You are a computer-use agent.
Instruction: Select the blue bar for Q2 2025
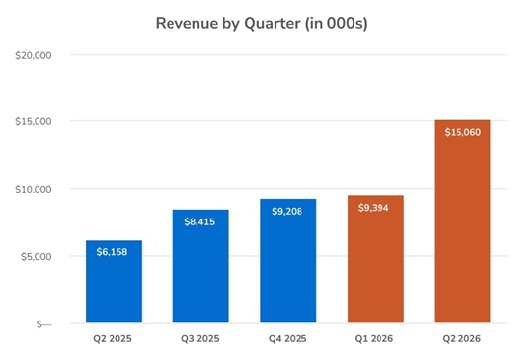[x=114, y=281]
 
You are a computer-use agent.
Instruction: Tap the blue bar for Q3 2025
[x=201, y=267]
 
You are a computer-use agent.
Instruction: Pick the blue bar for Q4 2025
[x=288, y=261]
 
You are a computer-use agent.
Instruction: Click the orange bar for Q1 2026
[x=376, y=259]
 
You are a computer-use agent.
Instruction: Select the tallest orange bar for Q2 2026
[x=463, y=221]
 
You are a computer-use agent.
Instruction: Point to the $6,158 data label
[x=112, y=252]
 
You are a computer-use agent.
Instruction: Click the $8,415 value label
[x=199, y=221]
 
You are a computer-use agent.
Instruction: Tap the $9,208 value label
[x=287, y=211]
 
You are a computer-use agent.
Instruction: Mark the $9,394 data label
[x=374, y=208]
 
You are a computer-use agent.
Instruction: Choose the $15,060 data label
[x=462, y=132]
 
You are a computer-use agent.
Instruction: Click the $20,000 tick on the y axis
[x=34, y=55]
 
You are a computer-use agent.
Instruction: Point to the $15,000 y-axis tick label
[x=34, y=121]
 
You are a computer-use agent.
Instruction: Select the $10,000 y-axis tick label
[x=34, y=189]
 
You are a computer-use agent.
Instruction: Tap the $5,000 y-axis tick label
[x=36, y=256]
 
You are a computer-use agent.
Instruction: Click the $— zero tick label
[x=43, y=324]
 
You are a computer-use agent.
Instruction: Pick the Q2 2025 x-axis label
[x=113, y=338]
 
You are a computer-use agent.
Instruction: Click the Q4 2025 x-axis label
[x=287, y=338]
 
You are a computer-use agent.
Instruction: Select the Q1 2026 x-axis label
[x=374, y=338]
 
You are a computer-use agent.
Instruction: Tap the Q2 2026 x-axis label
[x=461, y=338]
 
